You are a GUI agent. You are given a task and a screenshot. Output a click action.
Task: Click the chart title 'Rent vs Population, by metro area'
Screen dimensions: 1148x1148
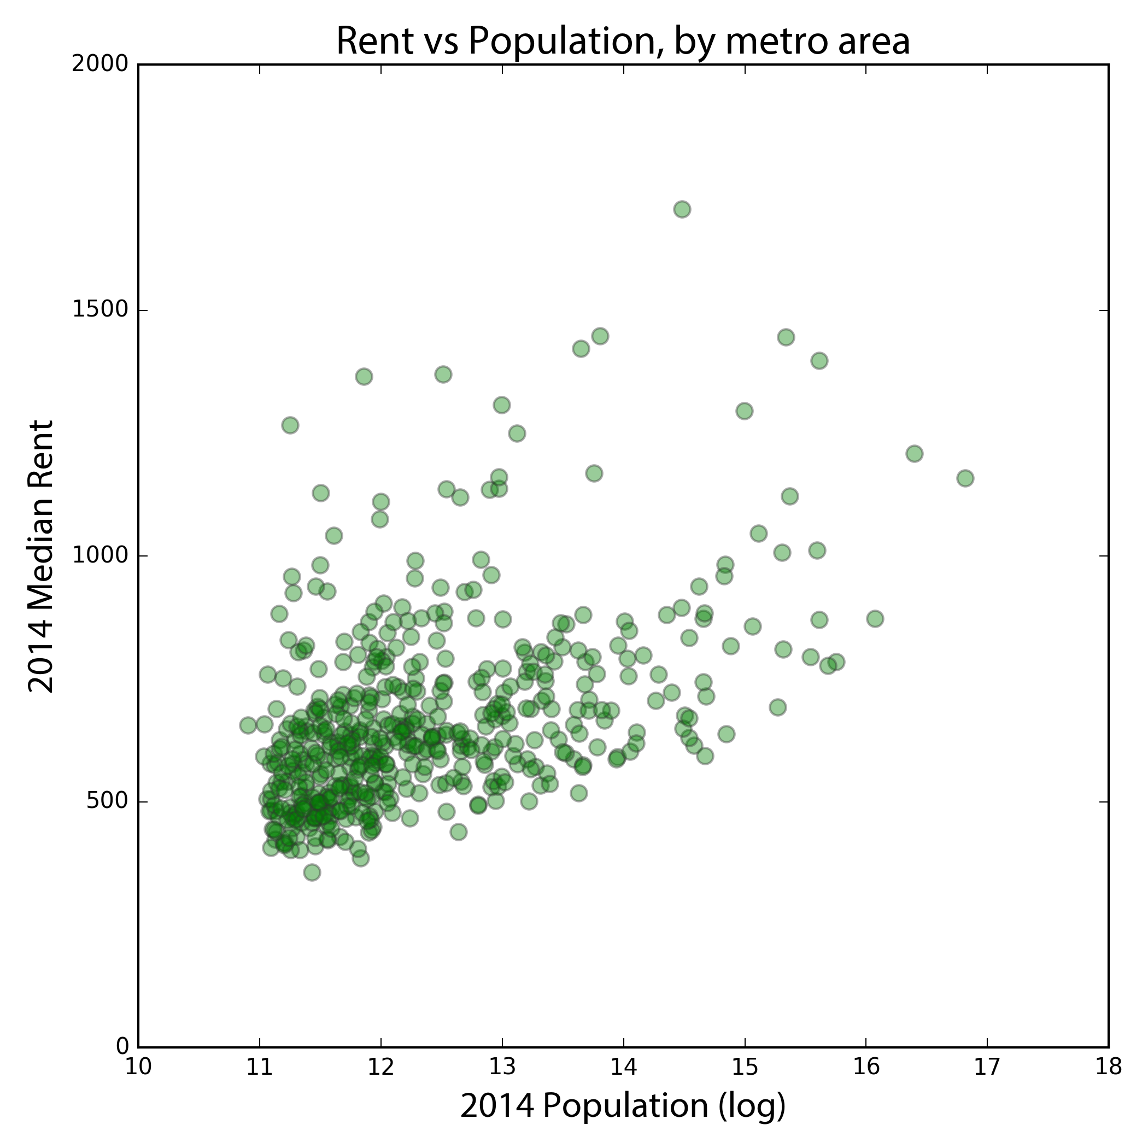pyautogui.click(x=623, y=42)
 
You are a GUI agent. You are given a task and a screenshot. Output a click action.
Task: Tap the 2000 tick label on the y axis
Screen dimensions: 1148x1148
pyautogui.click(x=100, y=64)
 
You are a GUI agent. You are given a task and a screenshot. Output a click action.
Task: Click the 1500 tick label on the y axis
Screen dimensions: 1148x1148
pyautogui.click(x=100, y=310)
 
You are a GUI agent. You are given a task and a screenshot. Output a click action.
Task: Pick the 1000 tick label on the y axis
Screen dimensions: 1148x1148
pyautogui.click(x=100, y=556)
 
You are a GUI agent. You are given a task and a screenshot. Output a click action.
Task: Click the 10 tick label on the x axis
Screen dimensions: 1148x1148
pyautogui.click(x=138, y=1068)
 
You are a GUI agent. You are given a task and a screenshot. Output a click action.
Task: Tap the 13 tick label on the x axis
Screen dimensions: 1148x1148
pyautogui.click(x=502, y=1068)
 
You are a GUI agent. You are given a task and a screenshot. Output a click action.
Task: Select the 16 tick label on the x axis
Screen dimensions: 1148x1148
pyautogui.click(x=866, y=1068)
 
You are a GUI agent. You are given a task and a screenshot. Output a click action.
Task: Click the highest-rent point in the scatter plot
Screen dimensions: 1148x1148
pyautogui.click(x=682, y=209)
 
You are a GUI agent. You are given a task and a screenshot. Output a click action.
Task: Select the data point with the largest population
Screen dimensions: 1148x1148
pyautogui.click(x=965, y=478)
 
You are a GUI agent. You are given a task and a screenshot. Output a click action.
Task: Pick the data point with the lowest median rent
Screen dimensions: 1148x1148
pyautogui.click(x=312, y=872)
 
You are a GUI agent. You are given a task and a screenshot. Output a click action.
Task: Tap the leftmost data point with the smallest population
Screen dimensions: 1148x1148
pyautogui.click(x=248, y=725)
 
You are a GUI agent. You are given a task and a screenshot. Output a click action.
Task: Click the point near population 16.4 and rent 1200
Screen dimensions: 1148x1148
pyautogui.click(x=915, y=454)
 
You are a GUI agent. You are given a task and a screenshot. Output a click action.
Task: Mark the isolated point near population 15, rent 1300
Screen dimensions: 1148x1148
pyautogui.click(x=744, y=411)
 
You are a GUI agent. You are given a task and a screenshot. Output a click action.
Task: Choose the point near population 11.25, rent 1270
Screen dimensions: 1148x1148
pyautogui.click(x=290, y=425)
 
